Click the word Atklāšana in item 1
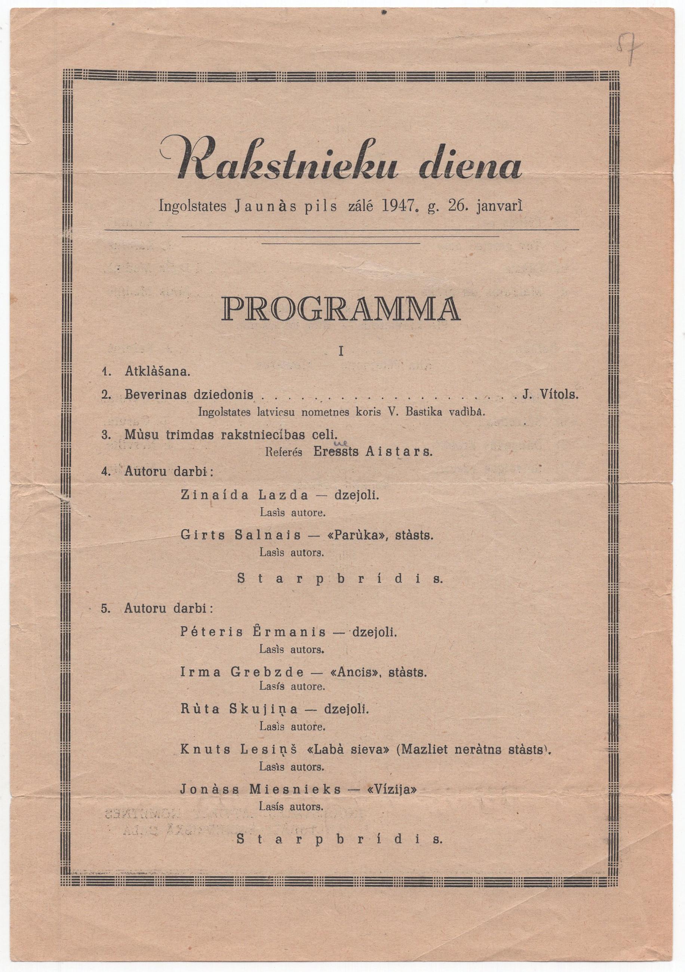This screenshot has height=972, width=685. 157,372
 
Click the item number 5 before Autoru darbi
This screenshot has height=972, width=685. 104,608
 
